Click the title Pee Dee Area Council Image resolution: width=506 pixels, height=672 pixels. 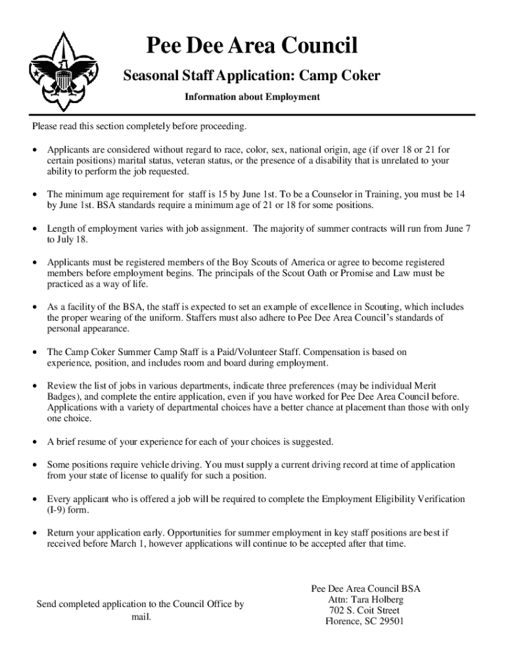[x=252, y=46]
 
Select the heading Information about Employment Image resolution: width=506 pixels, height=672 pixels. [x=252, y=97]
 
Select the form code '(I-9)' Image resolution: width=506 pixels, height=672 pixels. [x=58, y=511]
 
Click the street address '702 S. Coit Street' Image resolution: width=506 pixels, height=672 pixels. [x=364, y=610]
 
